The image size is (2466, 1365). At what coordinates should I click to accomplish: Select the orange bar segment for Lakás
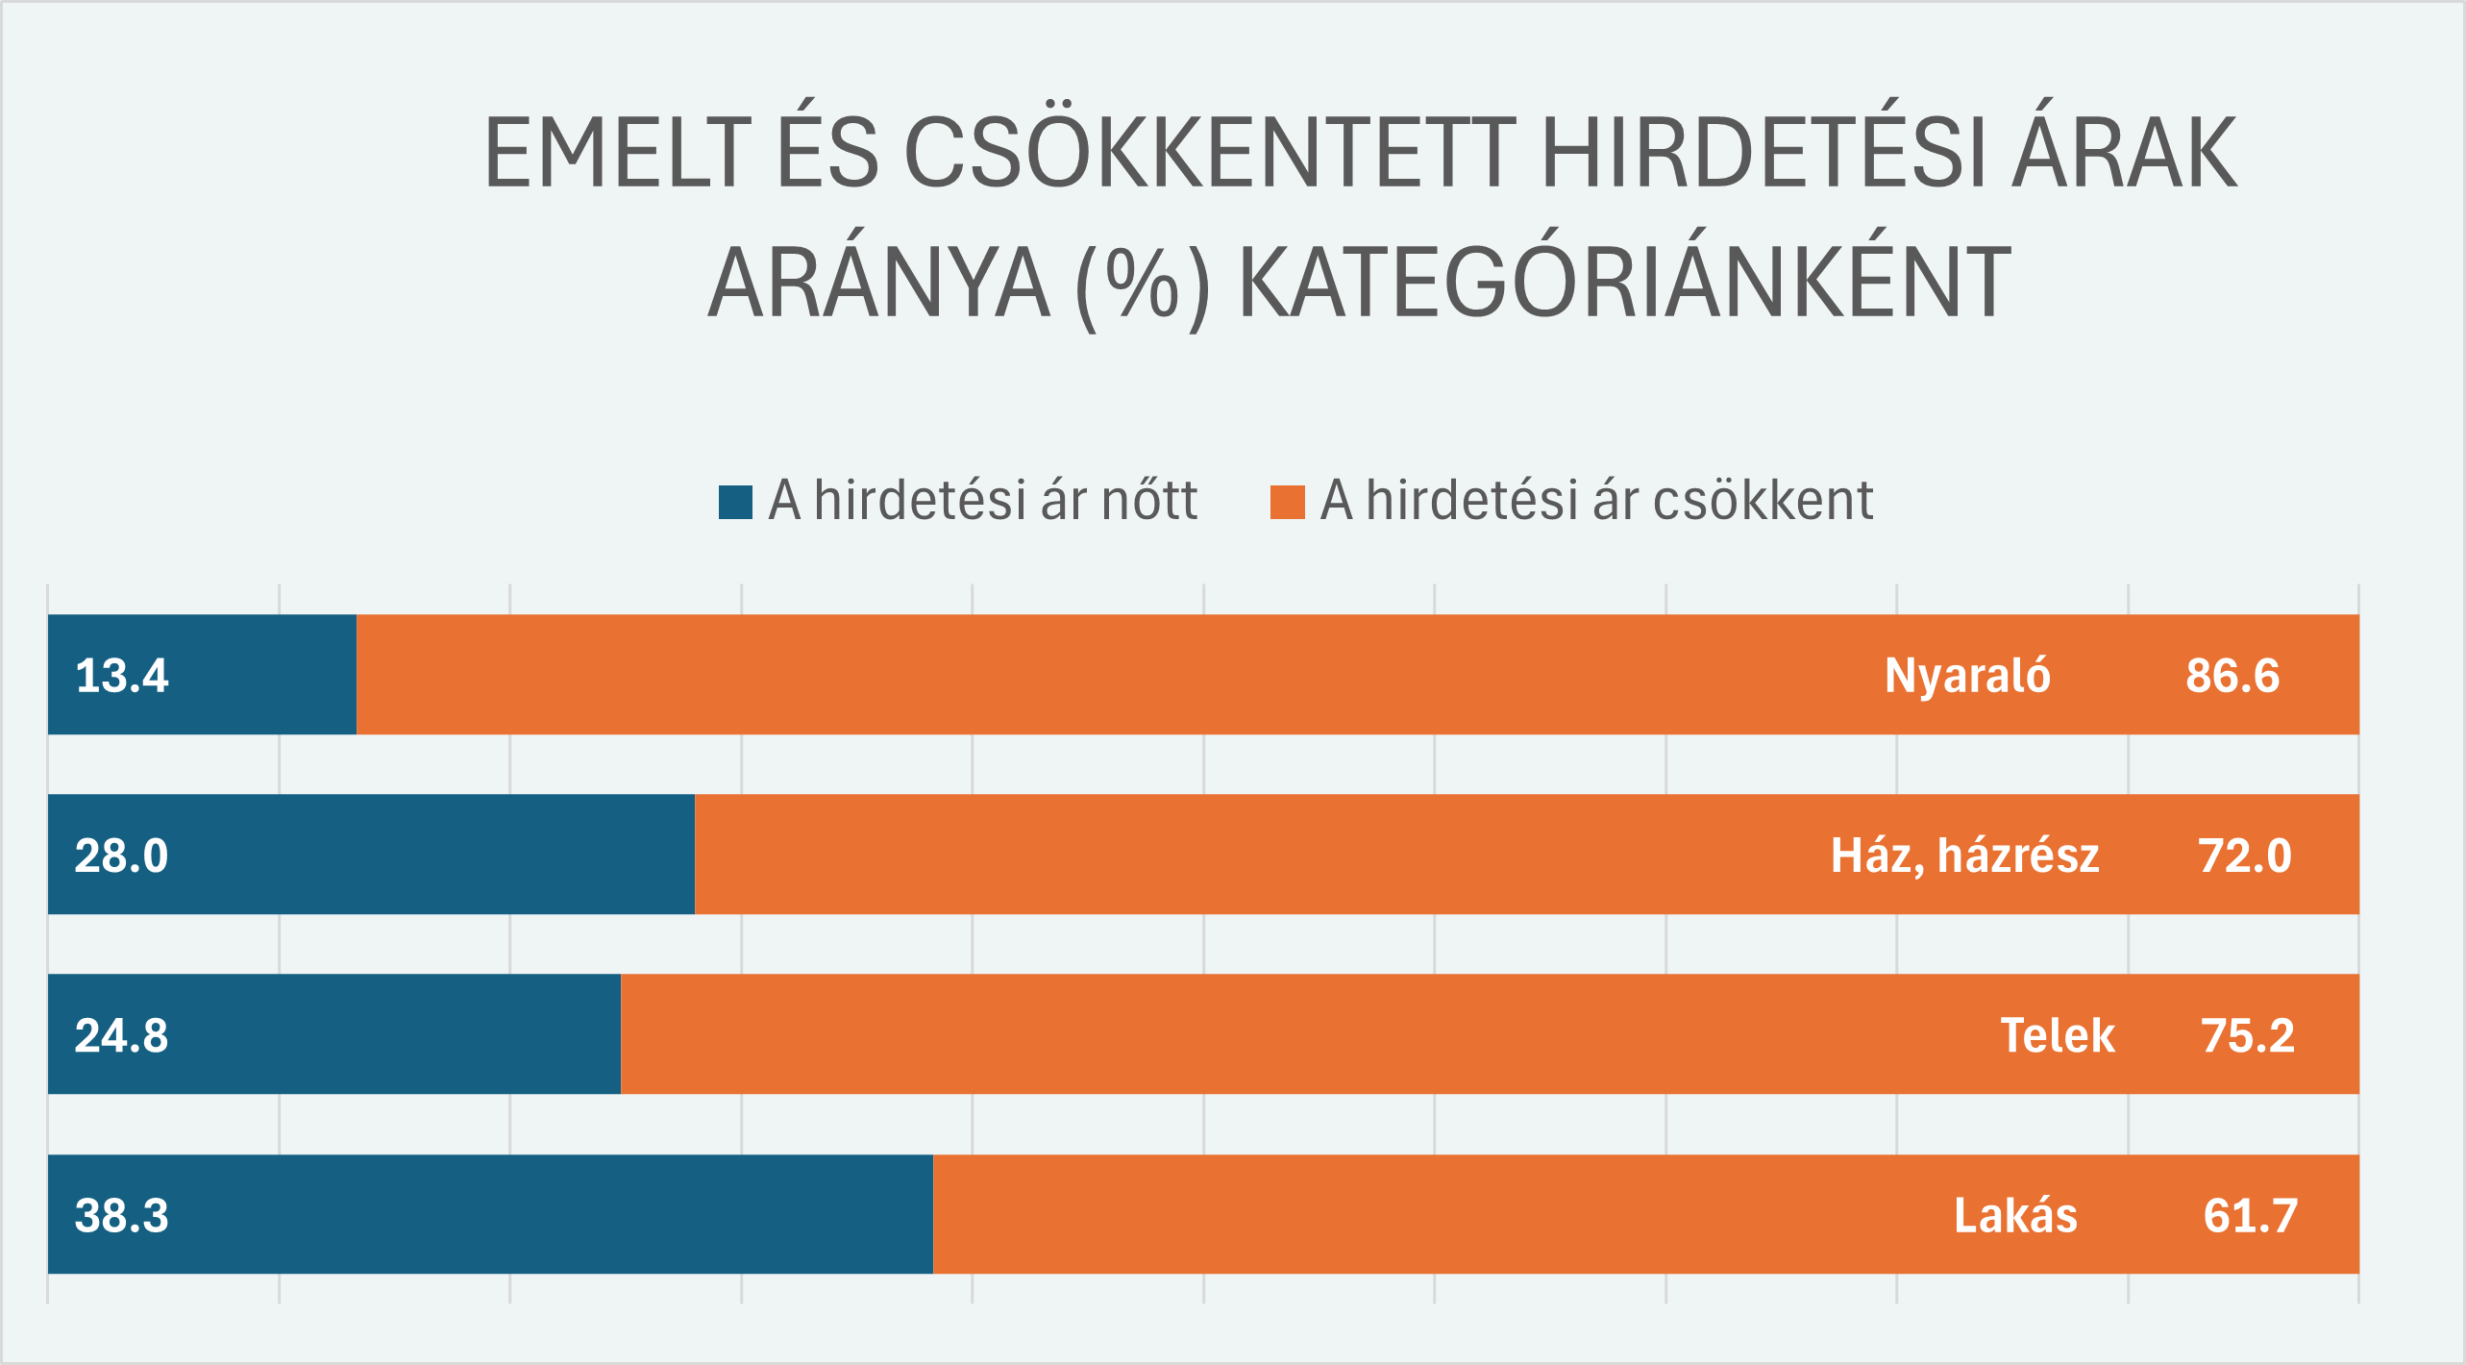click(1442, 1214)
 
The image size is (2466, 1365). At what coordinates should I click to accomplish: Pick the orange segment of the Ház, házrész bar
click(1249, 855)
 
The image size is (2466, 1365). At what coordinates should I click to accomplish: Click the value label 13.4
click(122, 675)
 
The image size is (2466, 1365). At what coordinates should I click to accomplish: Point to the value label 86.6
click(2232, 675)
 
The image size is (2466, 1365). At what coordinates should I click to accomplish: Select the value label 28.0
click(122, 856)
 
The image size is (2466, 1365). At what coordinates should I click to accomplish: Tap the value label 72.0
click(2245, 856)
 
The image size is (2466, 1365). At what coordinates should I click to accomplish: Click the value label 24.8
click(122, 1035)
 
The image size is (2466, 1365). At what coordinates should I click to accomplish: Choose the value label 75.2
click(2248, 1035)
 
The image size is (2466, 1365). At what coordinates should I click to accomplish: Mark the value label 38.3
click(122, 1215)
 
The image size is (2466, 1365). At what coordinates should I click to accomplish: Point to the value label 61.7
click(2250, 1215)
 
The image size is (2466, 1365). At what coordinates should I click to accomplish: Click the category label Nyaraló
click(1967, 675)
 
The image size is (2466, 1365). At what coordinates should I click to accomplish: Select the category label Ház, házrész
click(1964, 856)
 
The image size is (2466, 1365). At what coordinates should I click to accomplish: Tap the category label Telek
click(2058, 1035)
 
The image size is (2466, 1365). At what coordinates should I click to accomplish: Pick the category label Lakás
click(2015, 1215)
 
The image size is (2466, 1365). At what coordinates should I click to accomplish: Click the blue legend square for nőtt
click(735, 502)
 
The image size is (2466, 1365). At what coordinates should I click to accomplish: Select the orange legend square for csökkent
click(1287, 502)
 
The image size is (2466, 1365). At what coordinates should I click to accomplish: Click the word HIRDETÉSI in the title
click(1763, 152)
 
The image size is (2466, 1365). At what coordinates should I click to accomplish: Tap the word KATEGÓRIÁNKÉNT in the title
click(1624, 283)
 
